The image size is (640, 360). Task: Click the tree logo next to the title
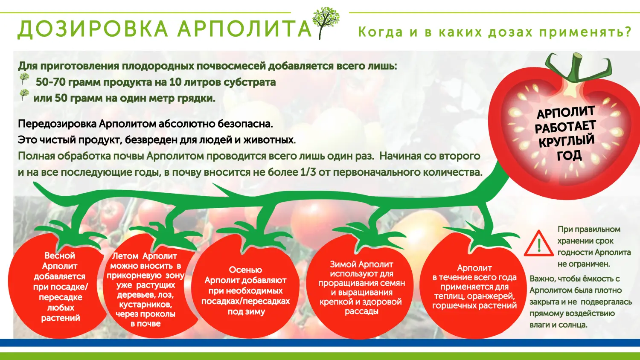(326, 23)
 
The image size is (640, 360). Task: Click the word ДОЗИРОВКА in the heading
(92, 29)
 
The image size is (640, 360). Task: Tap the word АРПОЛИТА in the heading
(244, 29)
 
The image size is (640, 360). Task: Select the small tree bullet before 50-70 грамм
(24, 78)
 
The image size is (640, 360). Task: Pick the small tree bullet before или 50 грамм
(24, 95)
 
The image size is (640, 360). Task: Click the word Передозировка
(57, 124)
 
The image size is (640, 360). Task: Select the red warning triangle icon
(539, 243)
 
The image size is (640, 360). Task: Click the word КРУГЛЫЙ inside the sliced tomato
(567, 141)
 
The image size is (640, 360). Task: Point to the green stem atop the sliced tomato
(576, 69)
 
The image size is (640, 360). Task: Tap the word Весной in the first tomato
(60, 255)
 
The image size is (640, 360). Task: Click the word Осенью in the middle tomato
(245, 270)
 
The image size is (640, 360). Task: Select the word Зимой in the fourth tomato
(343, 264)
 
